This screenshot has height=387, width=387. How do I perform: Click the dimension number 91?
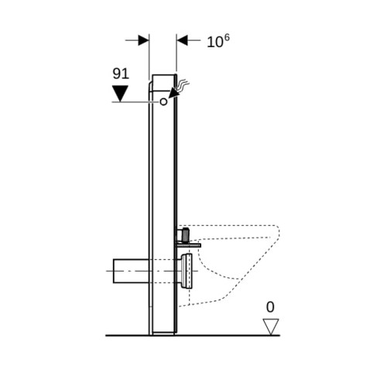[x=121, y=74]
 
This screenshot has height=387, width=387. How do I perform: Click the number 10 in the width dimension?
[x=214, y=43]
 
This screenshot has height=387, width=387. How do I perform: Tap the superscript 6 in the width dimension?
[x=226, y=38]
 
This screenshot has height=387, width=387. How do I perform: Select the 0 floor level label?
[x=270, y=307]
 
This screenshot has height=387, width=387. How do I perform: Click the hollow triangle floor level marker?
[x=271, y=327]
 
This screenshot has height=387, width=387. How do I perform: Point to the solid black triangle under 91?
[x=121, y=94]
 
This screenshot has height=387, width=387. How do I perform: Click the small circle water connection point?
[x=163, y=101]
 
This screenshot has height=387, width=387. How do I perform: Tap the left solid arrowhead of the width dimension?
[x=143, y=40]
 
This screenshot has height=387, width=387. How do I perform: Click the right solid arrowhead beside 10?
[x=183, y=40]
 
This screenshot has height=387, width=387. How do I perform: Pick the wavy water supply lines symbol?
[x=183, y=85]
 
